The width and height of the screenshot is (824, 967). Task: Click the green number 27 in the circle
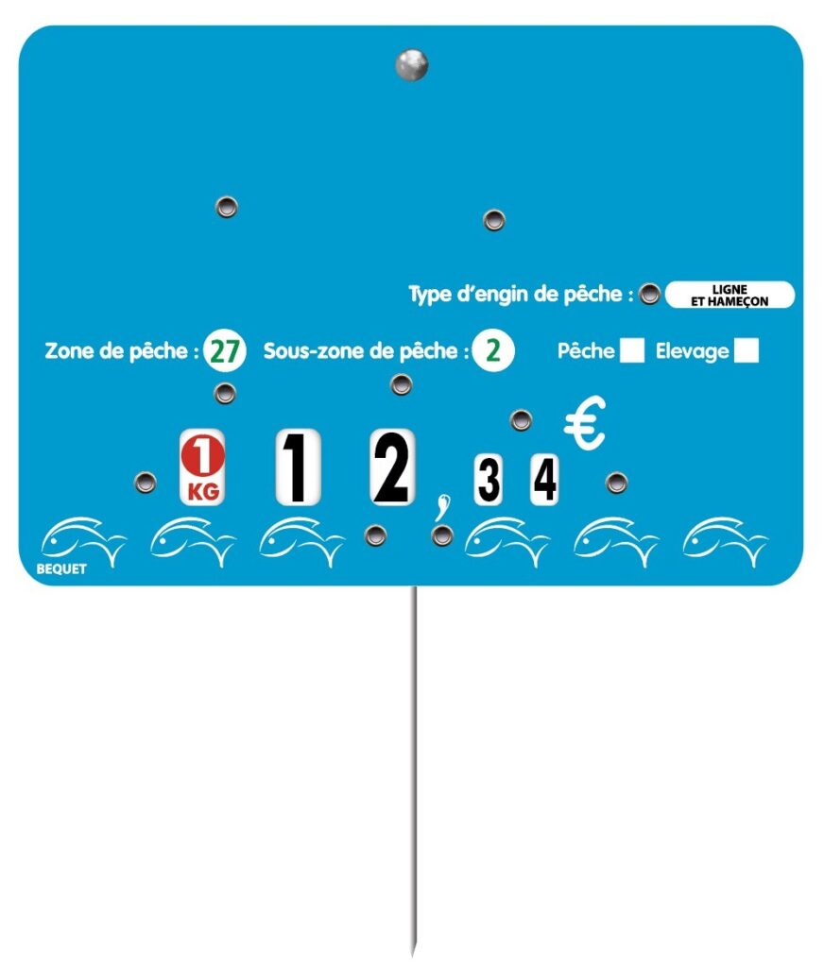[x=225, y=351]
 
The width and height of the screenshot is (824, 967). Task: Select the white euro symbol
[x=585, y=424]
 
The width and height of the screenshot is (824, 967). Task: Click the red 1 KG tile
[x=203, y=467]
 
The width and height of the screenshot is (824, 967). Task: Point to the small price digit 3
[x=488, y=480]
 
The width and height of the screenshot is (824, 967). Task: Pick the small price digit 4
[x=544, y=480]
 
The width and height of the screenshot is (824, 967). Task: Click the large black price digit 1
[x=298, y=467]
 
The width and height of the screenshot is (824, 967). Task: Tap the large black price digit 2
[x=391, y=467]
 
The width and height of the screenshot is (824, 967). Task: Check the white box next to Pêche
[x=631, y=351]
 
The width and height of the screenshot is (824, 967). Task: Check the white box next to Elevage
[x=747, y=351]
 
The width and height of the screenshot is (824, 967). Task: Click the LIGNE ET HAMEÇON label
[x=730, y=295]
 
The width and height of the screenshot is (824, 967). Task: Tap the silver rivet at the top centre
[x=412, y=64]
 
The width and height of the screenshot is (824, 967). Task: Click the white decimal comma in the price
[x=438, y=509]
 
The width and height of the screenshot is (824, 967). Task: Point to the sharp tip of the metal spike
[x=413, y=952]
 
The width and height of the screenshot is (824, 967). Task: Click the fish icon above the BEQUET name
[x=82, y=541]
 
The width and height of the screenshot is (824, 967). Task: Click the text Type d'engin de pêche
[x=521, y=295]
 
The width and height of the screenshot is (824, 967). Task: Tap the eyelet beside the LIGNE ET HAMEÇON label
[x=649, y=295]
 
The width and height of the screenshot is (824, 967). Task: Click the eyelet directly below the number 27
[x=225, y=393]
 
